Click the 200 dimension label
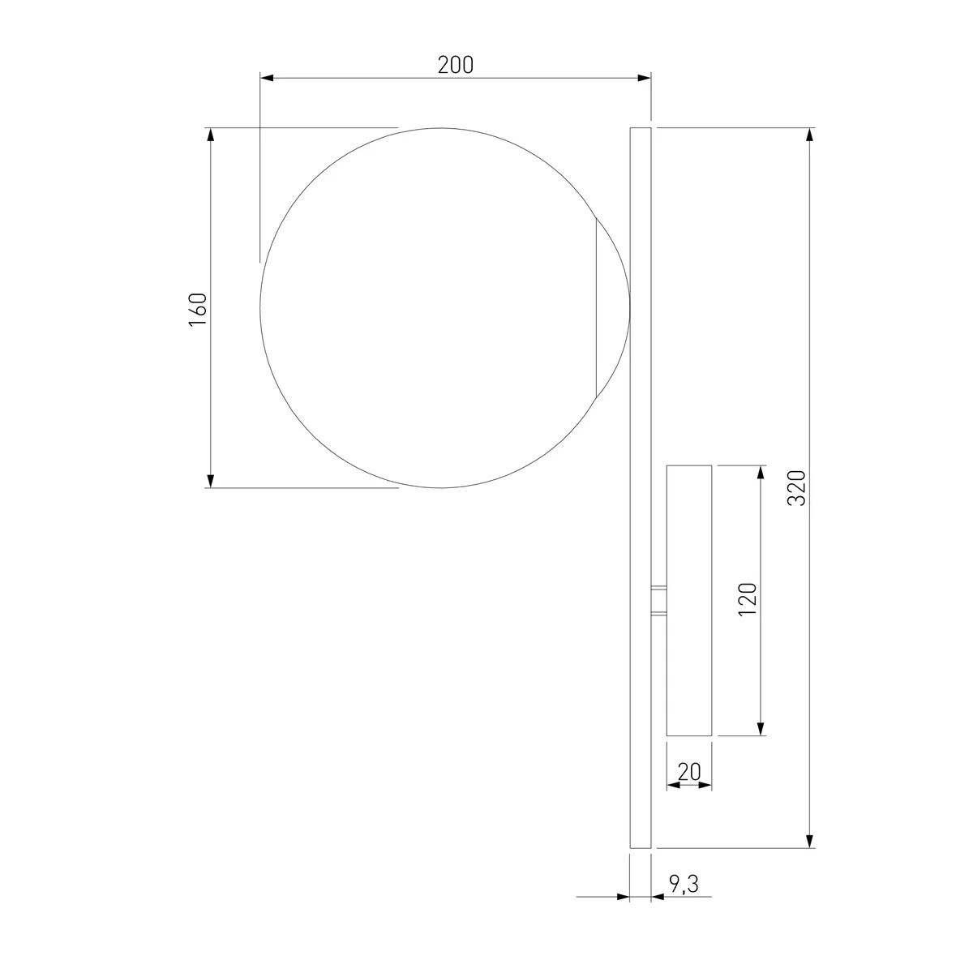pos(455,65)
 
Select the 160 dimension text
pos(198,309)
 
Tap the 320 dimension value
pos(797,488)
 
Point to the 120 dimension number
pos(748,599)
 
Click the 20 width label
pos(688,772)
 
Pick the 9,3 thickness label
pos(684,884)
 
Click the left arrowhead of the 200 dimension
pos(267,78)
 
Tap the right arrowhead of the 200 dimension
pos(645,78)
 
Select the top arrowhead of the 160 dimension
pos(211,135)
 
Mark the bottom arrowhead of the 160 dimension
pos(211,481)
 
